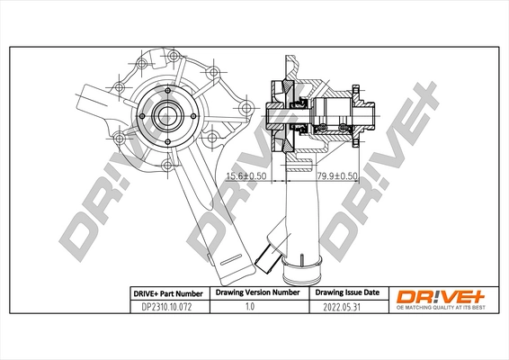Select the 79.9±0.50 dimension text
click(x=335, y=177)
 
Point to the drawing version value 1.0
click(x=254, y=307)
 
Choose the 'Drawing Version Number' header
click(x=254, y=293)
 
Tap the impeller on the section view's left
click(x=277, y=118)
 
